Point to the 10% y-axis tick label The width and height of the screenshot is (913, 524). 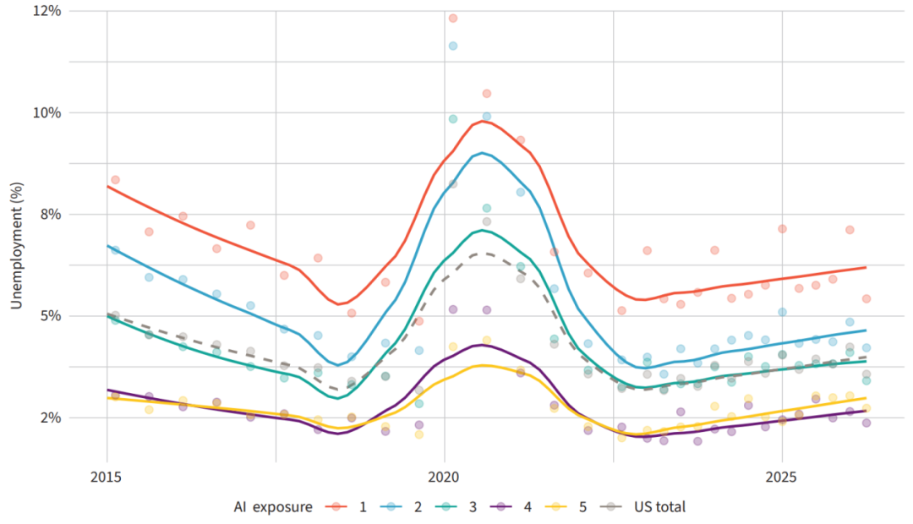tap(47, 113)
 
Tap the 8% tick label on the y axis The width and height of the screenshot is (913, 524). tap(51, 215)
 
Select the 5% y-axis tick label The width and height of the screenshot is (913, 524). tap(51, 316)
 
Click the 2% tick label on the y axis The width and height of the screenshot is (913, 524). tap(51, 418)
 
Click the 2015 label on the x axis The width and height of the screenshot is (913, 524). tap(106, 478)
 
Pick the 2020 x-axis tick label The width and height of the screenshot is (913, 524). tap(444, 478)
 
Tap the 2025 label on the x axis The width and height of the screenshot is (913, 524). tap(781, 478)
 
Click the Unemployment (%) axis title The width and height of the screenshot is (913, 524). tap(16, 246)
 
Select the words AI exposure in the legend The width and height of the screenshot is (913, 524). tap(272, 507)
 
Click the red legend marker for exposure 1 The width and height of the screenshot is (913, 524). tap(336, 506)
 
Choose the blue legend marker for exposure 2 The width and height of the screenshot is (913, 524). tap(391, 506)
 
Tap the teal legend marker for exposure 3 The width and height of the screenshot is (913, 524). tap(446, 506)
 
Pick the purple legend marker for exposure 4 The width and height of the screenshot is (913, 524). tap(501, 506)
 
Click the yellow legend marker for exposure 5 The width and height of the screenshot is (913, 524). tap(556, 506)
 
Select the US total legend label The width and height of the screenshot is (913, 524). tap(659, 507)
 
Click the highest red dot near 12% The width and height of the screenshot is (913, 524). tap(453, 19)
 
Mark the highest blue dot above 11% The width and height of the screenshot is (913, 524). tap(453, 46)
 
